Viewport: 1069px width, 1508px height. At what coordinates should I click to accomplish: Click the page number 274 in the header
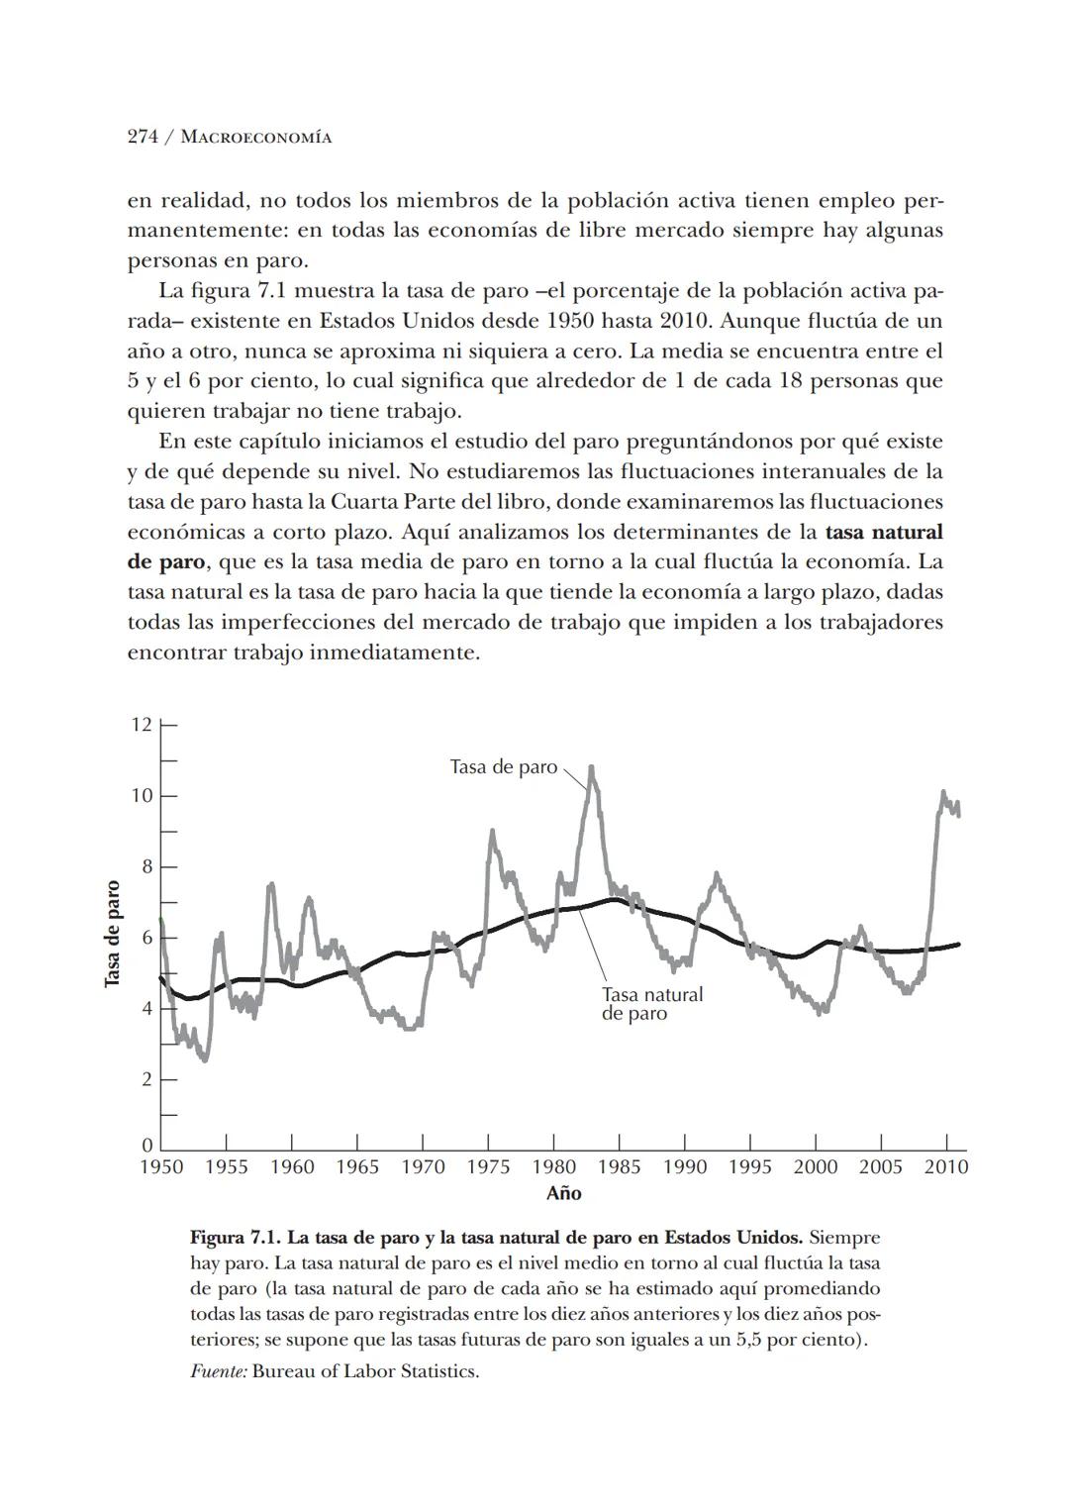pyautogui.click(x=143, y=138)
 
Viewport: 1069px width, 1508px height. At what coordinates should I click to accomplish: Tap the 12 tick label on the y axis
pyautogui.click(x=142, y=724)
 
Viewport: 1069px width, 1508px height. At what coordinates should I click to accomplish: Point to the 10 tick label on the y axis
pyautogui.click(x=142, y=795)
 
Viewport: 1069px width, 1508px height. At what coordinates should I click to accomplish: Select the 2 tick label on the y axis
pyautogui.click(x=146, y=1078)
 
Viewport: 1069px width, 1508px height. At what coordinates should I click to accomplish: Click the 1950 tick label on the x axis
pyautogui.click(x=160, y=1166)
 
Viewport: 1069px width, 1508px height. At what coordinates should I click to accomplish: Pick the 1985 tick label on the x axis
pyautogui.click(x=619, y=1166)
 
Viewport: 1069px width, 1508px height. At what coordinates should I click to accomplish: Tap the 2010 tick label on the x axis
pyautogui.click(x=946, y=1166)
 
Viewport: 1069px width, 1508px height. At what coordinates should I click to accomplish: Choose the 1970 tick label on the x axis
pyautogui.click(x=423, y=1166)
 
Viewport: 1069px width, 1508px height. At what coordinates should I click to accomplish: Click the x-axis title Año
pyautogui.click(x=563, y=1193)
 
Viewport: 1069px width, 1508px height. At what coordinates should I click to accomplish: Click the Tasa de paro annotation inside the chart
pyautogui.click(x=503, y=767)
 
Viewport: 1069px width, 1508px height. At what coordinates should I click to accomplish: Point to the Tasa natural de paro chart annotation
pyautogui.click(x=651, y=1003)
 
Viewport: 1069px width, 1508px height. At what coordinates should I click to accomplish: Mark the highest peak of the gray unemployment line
pyautogui.click(x=591, y=766)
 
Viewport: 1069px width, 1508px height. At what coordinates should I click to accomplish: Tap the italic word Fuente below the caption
pyautogui.click(x=218, y=1372)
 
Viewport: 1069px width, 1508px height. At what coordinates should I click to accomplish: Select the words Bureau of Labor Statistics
pyautogui.click(x=365, y=1372)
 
